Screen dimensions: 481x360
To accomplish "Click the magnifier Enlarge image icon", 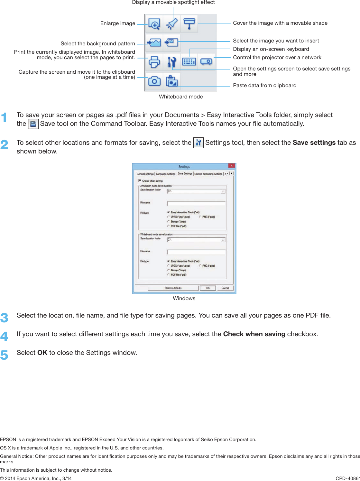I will pos(154,24).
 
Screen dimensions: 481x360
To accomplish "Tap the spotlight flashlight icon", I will pos(172,24).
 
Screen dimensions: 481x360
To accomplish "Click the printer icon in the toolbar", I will pos(154,62).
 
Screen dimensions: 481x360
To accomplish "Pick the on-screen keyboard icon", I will pos(189,62).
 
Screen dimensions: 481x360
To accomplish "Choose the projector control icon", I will pos(206,62).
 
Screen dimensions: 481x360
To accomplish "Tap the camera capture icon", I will pos(154,81).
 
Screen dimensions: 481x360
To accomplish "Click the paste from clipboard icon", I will pos(172,81).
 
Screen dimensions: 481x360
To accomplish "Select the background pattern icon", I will pos(154,42).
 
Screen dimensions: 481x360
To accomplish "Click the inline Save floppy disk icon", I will pos(33,124).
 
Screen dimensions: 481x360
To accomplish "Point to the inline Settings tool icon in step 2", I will pos(198,143).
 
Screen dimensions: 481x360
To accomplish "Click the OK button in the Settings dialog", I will pos(208,288).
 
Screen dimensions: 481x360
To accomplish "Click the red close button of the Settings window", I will pos(231,166).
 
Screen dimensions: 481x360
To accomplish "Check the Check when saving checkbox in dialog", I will pos(140,180).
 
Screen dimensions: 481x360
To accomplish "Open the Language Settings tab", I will pos(166,174).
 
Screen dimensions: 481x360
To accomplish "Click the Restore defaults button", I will pos(173,288).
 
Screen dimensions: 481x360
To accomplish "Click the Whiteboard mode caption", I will pos(181,97).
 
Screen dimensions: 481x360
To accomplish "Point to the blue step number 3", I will pos(4,318).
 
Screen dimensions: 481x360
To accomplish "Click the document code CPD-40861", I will pos(347,478).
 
